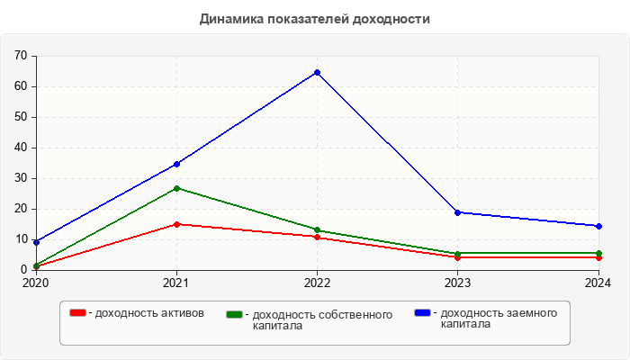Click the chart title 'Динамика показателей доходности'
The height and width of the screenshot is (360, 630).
315,18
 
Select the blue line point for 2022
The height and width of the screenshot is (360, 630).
317,72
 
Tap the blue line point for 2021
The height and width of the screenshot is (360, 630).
176,164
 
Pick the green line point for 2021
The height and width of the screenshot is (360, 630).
176,188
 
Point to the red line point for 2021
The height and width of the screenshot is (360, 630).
176,224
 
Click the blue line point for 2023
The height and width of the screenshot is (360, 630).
457,212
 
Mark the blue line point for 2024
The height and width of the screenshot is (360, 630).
598,226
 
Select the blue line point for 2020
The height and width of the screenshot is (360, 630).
36,242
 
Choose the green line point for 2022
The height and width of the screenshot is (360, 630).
317,229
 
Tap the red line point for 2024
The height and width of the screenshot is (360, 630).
598,257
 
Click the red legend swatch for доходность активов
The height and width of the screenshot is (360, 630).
78,312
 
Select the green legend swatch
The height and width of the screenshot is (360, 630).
235,314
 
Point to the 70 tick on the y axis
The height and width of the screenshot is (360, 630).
21,56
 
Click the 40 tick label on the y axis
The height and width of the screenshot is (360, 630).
21,148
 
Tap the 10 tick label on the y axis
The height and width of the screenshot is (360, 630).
21,239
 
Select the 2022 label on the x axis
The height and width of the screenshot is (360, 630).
317,283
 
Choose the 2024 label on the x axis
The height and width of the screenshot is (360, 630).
598,283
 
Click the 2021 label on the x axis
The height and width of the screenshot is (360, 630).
176,283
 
